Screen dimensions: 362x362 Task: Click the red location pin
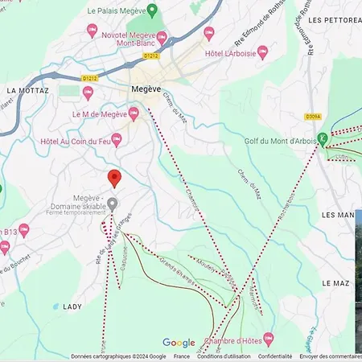point(114,178)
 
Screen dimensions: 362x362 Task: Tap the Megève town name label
point(147,89)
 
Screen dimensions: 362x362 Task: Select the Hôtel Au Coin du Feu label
point(74,141)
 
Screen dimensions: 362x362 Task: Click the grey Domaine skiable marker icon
point(113,204)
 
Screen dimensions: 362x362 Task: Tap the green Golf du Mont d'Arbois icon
point(323,139)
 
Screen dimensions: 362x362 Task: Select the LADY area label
point(72,306)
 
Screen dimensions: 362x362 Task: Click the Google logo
point(179,343)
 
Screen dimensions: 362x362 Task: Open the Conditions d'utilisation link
point(224,356)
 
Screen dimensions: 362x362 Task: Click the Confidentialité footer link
point(275,356)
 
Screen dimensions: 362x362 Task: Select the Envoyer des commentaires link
point(331,356)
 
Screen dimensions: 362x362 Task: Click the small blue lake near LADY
point(55,306)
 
